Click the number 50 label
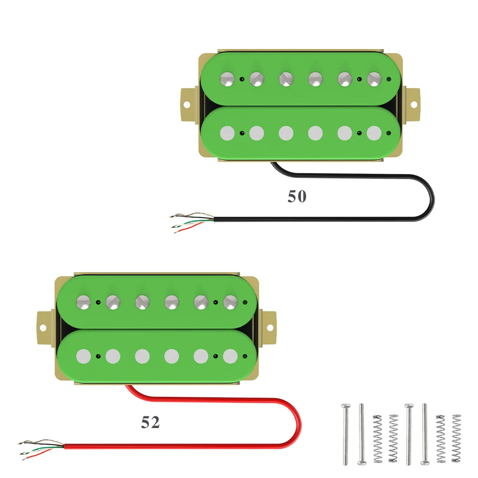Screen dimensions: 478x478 click(297, 197)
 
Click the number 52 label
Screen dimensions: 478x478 click(150, 422)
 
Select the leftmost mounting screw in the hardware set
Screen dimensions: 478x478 click(345, 434)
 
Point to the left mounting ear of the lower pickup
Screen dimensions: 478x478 click(44, 326)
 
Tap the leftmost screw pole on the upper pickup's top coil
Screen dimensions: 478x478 click(228, 79)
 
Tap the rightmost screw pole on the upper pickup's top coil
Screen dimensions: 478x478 click(374, 79)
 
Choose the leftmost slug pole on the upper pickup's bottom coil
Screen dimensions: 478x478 click(227, 134)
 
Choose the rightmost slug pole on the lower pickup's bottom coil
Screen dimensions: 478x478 click(230, 356)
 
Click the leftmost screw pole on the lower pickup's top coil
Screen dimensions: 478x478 click(84, 302)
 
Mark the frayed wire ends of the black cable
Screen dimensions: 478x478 click(189, 222)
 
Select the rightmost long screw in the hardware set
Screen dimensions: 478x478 click(425, 434)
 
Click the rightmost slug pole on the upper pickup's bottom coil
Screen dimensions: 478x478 click(374, 134)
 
